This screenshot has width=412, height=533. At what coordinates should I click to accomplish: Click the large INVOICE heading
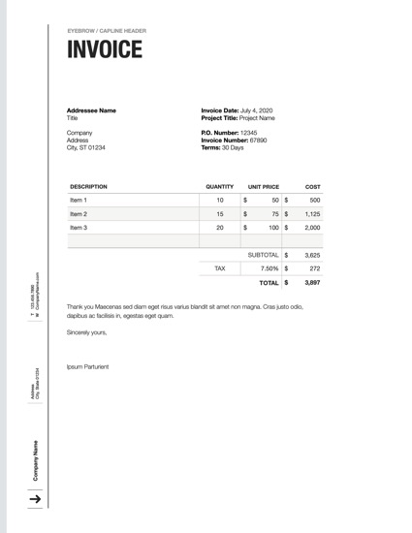point(105,50)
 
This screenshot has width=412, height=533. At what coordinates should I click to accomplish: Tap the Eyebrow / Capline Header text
point(107,30)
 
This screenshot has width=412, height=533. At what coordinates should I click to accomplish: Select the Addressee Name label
point(91,110)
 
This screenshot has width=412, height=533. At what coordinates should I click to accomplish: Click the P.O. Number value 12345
point(249,132)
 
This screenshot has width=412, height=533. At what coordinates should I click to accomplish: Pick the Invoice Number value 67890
point(259,140)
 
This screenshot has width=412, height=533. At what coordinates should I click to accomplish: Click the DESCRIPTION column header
point(88,186)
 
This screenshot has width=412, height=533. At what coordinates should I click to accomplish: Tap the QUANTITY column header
point(220,186)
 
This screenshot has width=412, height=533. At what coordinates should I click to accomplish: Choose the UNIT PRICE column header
point(264,186)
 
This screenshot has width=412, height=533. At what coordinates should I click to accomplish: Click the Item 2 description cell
point(79,214)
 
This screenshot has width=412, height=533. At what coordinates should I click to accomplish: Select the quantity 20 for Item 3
point(220,228)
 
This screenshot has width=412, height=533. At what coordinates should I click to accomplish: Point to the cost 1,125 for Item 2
point(312,214)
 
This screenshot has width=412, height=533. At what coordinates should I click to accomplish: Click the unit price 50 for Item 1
point(274,200)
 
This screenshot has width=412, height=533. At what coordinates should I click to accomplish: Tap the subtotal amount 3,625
point(312,255)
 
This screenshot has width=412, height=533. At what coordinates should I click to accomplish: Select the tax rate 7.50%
point(269,268)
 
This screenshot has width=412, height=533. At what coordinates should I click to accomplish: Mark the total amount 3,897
point(312,283)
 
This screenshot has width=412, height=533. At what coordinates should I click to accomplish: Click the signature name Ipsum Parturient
point(87,366)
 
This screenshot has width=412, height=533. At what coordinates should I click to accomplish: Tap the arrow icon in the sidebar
point(35,498)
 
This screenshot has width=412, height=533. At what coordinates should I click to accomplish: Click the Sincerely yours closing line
point(86,332)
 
